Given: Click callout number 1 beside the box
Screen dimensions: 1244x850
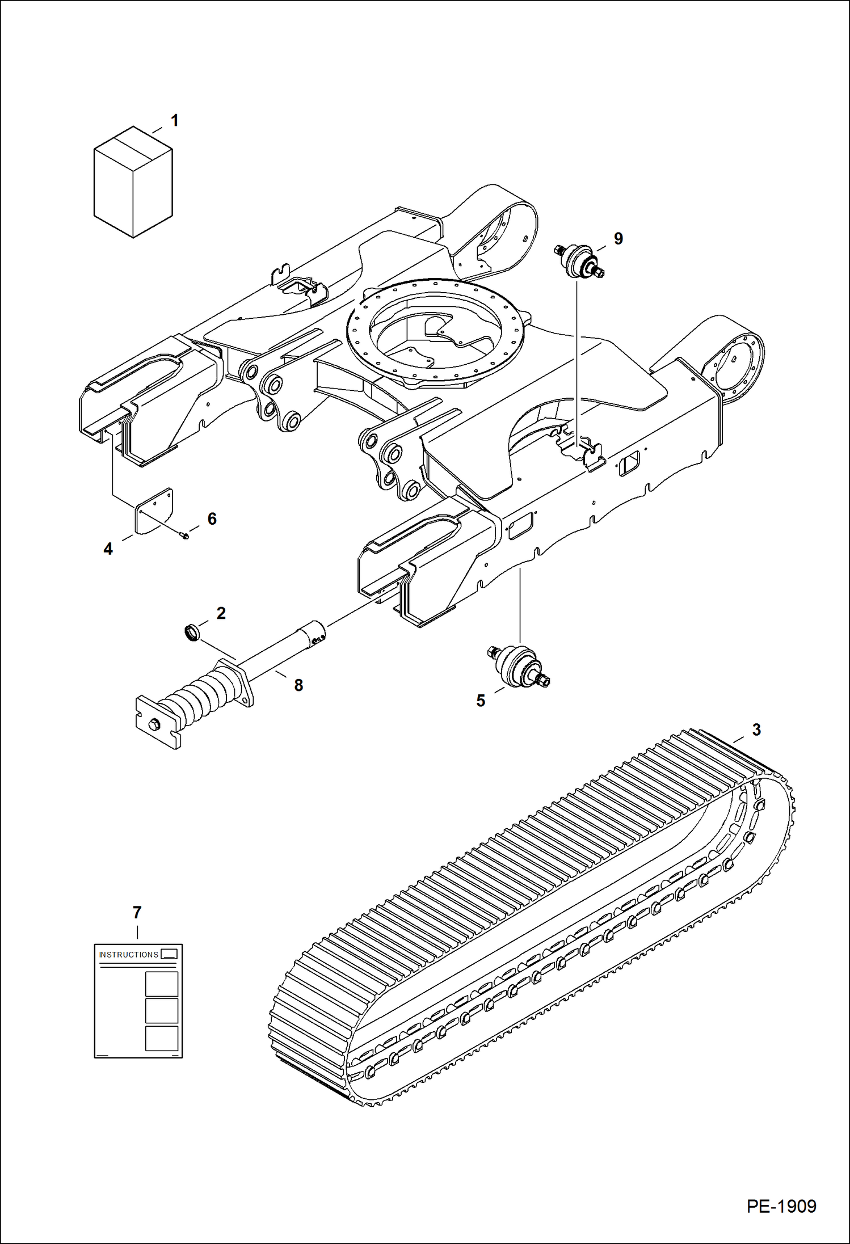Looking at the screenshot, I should click(175, 121).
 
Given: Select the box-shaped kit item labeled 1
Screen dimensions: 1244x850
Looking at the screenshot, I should click(133, 182).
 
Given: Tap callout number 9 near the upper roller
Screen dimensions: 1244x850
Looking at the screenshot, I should click(618, 239).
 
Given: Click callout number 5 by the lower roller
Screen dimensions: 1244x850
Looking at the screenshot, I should click(481, 701).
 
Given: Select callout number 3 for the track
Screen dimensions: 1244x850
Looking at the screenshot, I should click(756, 730).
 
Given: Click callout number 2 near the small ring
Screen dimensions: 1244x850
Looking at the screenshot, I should click(221, 613).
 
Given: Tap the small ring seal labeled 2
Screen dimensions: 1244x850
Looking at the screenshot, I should click(193, 632).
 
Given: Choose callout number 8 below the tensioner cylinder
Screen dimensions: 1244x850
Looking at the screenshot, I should click(298, 685).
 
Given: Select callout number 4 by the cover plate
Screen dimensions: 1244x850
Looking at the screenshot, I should click(108, 549).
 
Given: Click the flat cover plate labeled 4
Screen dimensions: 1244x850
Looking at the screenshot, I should click(154, 511).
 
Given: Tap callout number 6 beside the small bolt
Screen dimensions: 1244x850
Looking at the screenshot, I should click(212, 519).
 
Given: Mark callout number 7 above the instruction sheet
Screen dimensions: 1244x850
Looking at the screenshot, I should click(137, 913).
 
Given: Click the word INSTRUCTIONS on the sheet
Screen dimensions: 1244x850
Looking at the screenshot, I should click(129, 955).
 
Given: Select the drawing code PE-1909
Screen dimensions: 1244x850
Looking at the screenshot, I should click(781, 1206).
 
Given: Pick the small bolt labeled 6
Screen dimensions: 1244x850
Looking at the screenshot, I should click(184, 534).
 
